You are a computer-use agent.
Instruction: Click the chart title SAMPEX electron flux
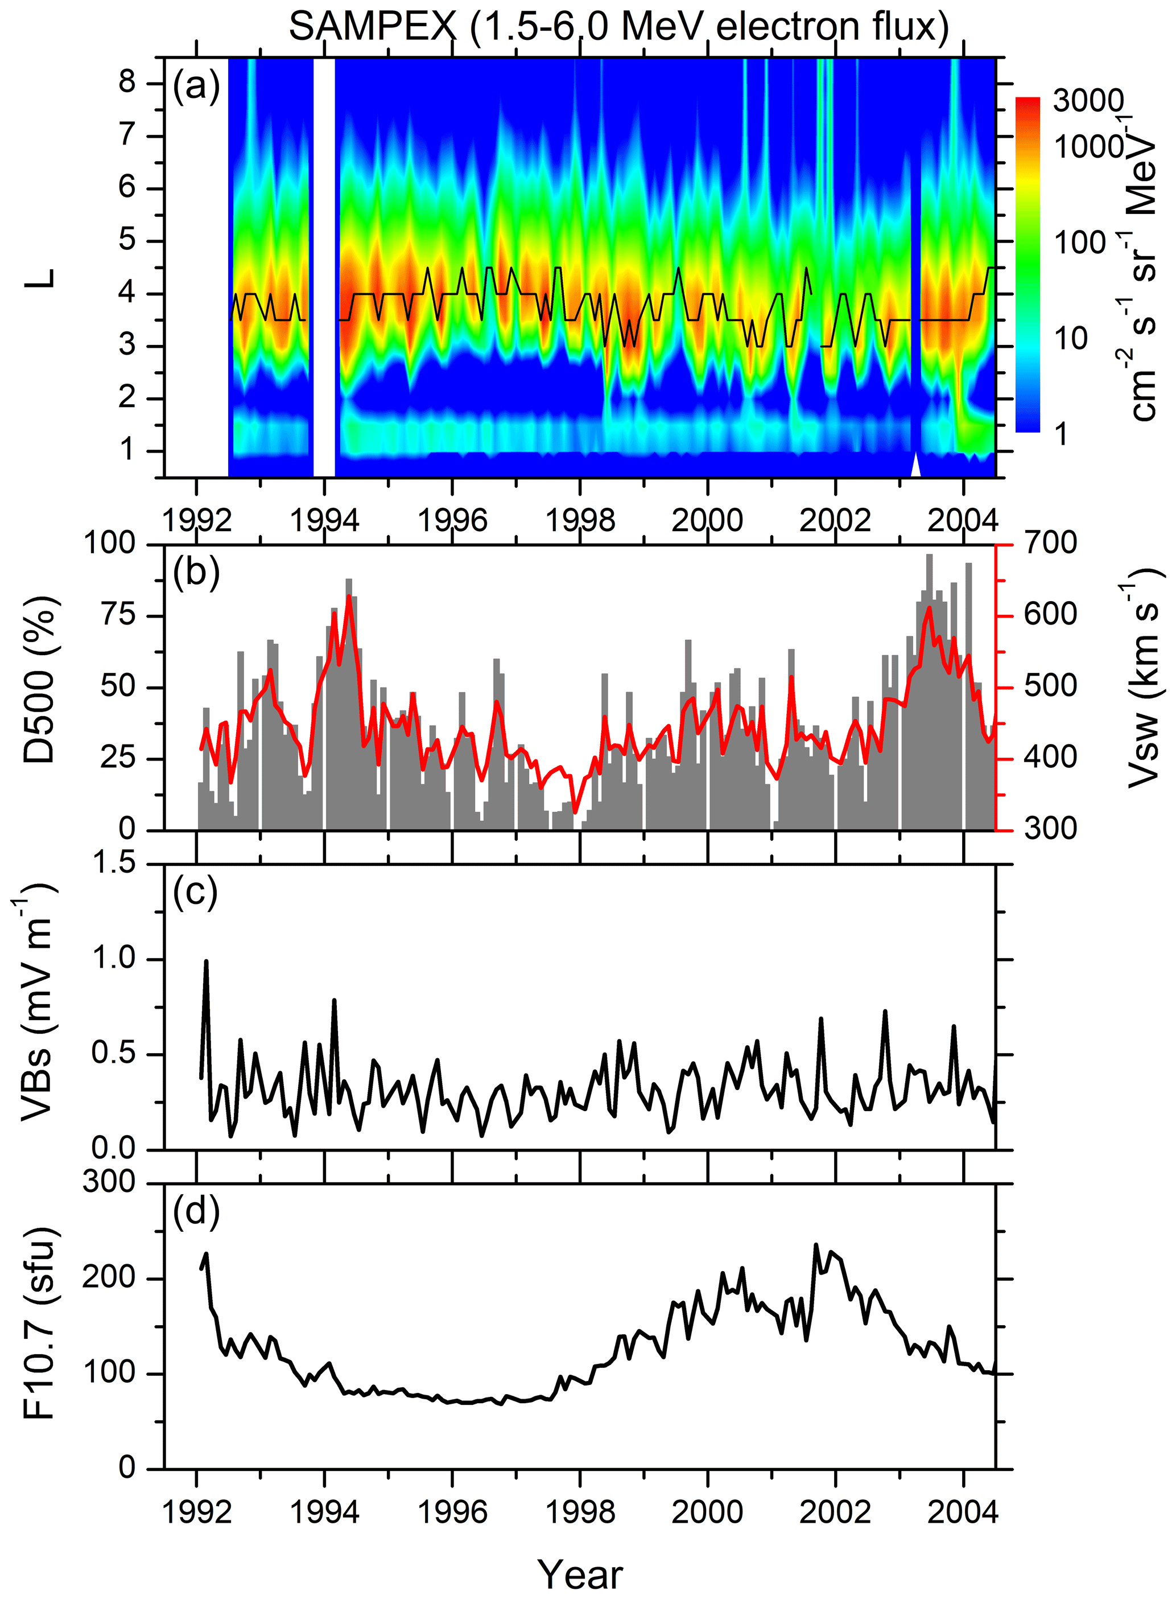618,27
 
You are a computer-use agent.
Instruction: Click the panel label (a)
196,87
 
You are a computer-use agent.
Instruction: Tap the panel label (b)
196,573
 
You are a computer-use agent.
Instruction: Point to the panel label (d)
196,1211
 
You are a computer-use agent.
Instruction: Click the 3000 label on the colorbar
1088,101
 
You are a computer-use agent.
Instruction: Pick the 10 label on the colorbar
1071,338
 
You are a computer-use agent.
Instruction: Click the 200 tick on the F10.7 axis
108,1277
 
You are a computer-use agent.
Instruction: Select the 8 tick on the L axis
127,82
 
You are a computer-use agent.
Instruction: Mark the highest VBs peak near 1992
207,961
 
